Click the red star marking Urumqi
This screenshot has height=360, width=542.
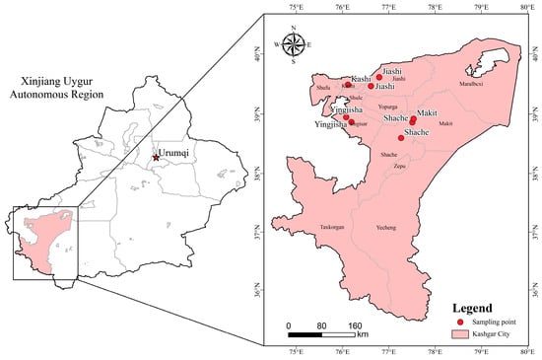point(155,158)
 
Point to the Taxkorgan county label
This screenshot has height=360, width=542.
point(332,228)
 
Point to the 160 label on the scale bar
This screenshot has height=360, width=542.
point(357,324)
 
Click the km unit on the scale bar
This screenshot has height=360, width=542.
point(363,335)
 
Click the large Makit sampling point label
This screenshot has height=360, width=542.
point(427,113)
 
